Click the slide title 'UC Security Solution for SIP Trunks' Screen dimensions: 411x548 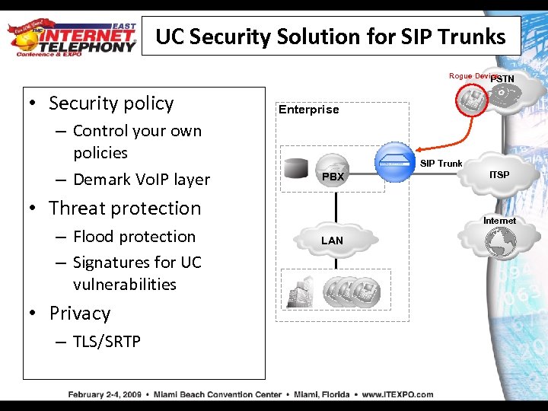(330, 37)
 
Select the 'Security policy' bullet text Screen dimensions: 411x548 (111, 104)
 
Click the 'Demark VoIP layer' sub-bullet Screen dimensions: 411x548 (141, 180)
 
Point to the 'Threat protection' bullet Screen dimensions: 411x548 (125, 209)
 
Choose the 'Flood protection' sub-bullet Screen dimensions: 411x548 (134, 237)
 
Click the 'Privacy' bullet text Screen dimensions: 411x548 (80, 314)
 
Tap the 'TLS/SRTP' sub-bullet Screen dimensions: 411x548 (107, 342)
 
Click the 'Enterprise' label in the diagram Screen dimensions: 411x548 (308, 110)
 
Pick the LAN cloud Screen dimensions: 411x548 (333, 240)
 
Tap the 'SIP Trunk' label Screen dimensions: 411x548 (441, 164)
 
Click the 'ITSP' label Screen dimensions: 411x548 (499, 175)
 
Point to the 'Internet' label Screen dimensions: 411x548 (499, 221)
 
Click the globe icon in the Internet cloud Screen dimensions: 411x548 (501, 242)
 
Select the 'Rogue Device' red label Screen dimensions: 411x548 (472, 76)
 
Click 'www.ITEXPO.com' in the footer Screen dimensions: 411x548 (397, 394)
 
